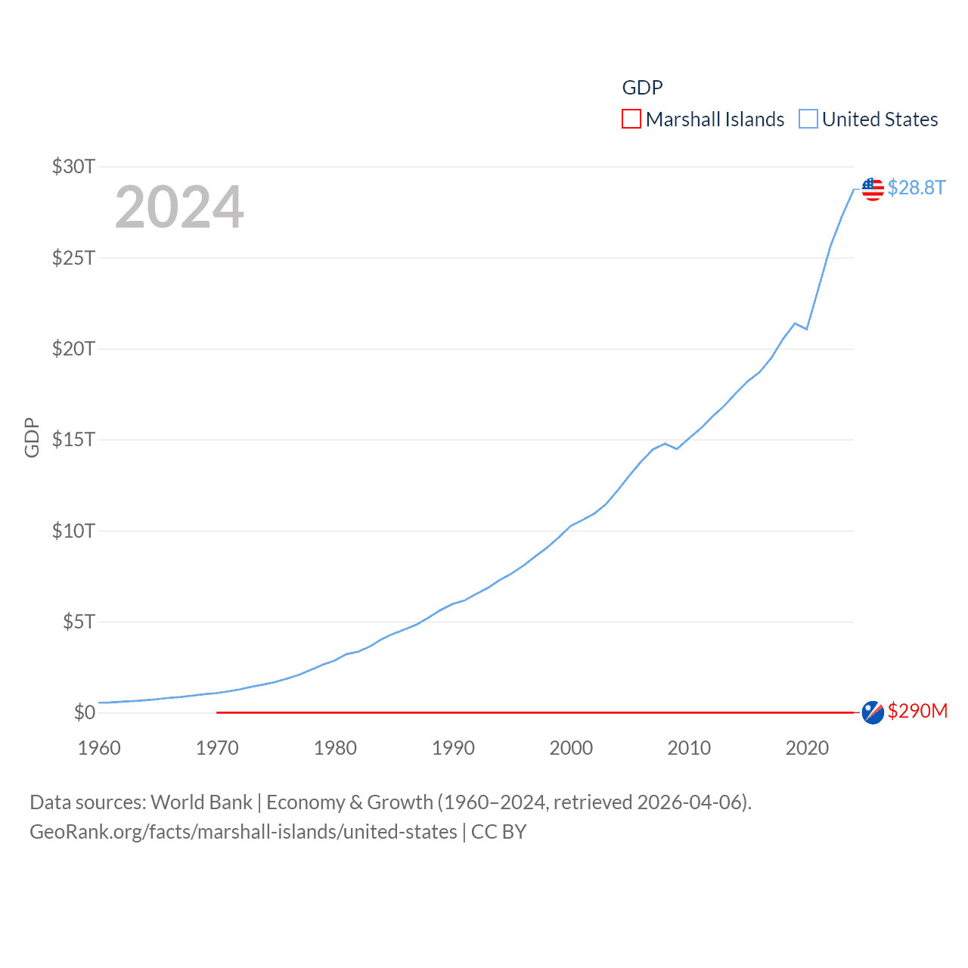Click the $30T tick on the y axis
pos(73,166)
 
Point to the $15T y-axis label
pos(73,439)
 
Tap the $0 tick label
pos(84,712)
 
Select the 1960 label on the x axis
pos(99,748)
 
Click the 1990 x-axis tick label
pos(453,748)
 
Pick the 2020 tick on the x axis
pos(807,748)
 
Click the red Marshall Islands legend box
pos(631,119)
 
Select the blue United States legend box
pos(808,119)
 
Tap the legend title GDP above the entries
pos(642,88)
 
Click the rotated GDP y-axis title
pos(32,437)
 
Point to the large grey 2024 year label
pos(179,207)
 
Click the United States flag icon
pos(873,188)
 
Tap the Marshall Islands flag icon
pos(873,712)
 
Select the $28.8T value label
pos(917,188)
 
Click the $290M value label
pos(917,711)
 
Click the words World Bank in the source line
pos(201,802)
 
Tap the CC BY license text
pos(498,832)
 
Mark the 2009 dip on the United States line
pos(677,449)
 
